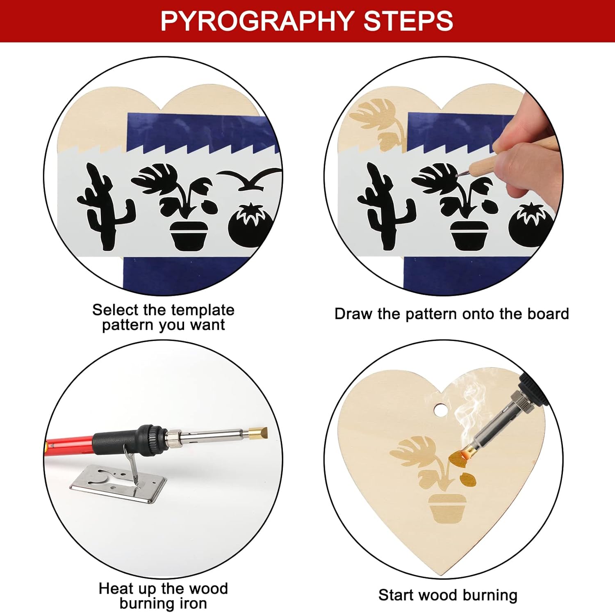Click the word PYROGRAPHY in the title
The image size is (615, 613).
tap(257, 21)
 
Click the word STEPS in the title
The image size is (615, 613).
tap(408, 21)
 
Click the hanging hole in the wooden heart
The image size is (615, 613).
tap(440, 409)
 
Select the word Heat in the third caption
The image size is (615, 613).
tap(116, 589)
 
